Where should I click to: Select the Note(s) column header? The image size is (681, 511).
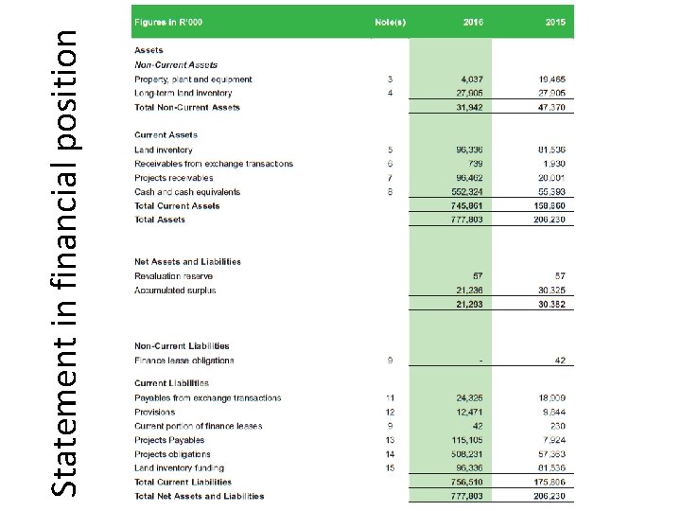click(390, 21)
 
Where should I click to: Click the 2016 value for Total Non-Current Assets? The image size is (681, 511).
click(469, 107)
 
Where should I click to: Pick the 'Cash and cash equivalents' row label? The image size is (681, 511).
click(187, 192)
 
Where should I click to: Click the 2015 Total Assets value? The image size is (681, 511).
click(551, 220)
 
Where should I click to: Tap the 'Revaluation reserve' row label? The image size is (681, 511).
click(175, 275)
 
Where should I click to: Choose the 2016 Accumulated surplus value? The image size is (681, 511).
click(469, 290)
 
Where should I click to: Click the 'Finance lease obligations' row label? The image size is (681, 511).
click(183, 360)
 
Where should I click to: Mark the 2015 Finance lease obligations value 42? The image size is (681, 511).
click(561, 360)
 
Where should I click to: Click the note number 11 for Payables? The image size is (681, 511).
click(389, 398)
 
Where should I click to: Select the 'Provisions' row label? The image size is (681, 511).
click(154, 413)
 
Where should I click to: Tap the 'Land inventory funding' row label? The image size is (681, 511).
click(179, 467)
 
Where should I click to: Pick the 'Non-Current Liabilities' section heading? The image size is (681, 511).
click(182, 345)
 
